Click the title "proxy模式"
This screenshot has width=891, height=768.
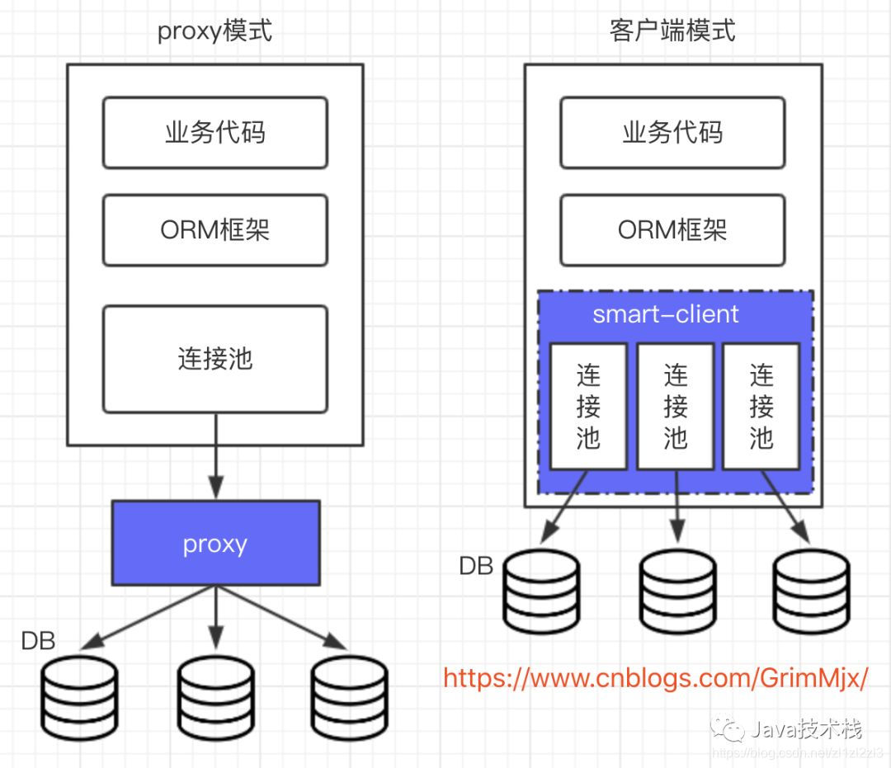pos(214,32)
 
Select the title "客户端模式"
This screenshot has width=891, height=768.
pos(672,31)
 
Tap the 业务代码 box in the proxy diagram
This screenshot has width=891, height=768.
pos(214,133)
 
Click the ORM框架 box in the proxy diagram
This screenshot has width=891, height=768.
pos(214,229)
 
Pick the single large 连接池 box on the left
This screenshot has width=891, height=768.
pos(214,359)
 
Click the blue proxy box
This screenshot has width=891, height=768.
pos(215,544)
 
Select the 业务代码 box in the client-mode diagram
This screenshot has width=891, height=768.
pos(672,133)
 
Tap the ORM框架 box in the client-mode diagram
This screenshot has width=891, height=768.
pos(672,229)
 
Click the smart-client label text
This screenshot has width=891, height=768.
pos(666,314)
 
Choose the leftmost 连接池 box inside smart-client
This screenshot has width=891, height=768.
pos(588,406)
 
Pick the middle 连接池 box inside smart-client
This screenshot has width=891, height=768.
pos(675,406)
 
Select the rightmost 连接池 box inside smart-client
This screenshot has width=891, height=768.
pos(761,406)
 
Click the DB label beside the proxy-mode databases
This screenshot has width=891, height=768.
pos(38,641)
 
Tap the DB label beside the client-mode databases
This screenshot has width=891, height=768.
pos(476,566)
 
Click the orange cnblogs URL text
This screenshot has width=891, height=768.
pos(656,678)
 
